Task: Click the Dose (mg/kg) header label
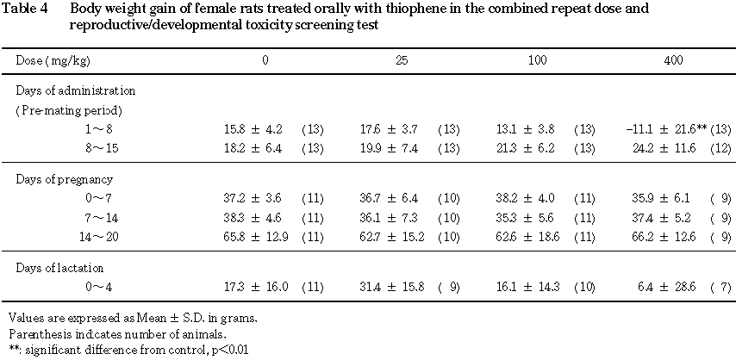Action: pyautogui.click(x=53, y=63)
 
